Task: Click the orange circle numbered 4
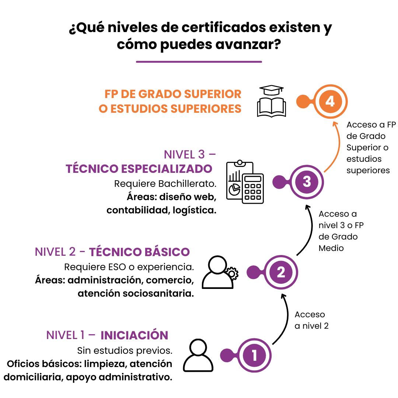pos(330,101)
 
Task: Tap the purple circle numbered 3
pos(307,182)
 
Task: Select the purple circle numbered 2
pos(281,272)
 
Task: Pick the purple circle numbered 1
pos(254,356)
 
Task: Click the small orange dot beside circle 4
pos(303,102)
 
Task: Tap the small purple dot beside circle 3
pos(279,182)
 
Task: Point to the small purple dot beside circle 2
pos(253,272)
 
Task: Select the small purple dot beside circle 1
pos(227,356)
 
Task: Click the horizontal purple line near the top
pos(199,62)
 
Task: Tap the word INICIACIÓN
pos(134,335)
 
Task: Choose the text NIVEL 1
pos(65,335)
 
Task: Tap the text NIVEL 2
pos(55,252)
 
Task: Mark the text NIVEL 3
pos(184,154)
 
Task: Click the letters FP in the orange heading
pos(111,94)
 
